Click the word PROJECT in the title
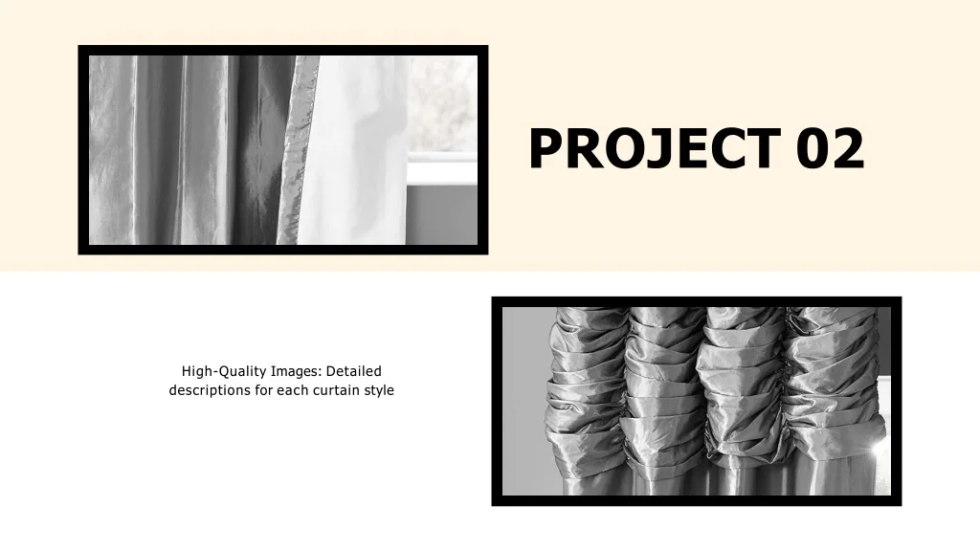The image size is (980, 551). pyautogui.click(x=654, y=149)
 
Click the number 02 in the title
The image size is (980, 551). pyautogui.click(x=829, y=149)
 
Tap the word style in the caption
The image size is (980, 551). pyautogui.click(x=378, y=390)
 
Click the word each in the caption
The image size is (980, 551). pyautogui.click(x=291, y=390)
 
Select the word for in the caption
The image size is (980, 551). pyautogui.click(x=264, y=390)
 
